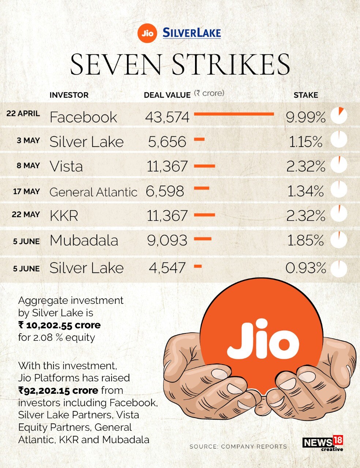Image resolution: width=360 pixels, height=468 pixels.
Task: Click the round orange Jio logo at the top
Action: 147,34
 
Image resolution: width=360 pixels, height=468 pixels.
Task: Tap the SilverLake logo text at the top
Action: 192,33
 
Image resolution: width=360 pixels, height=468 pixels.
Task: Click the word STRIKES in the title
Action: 230,65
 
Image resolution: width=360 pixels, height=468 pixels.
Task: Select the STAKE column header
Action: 305,95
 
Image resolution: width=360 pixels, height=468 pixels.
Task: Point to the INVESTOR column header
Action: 69,95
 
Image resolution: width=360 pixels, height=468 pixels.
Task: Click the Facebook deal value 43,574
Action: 167,117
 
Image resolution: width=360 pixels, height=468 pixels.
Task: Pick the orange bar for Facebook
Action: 234,114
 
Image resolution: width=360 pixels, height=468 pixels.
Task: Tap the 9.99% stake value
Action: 305,117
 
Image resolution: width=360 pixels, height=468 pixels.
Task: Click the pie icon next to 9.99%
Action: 339,116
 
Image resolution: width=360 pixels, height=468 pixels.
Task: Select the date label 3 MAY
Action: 28,140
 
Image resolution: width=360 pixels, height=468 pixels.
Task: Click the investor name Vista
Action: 66,166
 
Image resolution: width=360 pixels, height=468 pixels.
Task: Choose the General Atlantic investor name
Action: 93,192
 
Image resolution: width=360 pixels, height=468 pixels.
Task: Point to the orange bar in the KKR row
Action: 204,215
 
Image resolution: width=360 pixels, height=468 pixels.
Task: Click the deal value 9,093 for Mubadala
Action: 167,240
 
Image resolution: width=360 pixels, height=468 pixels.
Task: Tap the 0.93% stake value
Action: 305,268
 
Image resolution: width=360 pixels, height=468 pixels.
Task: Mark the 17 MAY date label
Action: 26,191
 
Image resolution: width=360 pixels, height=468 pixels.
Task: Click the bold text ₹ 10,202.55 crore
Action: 59,325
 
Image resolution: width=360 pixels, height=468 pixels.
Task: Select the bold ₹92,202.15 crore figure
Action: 58,390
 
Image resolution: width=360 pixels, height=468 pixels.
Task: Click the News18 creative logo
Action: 323,444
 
